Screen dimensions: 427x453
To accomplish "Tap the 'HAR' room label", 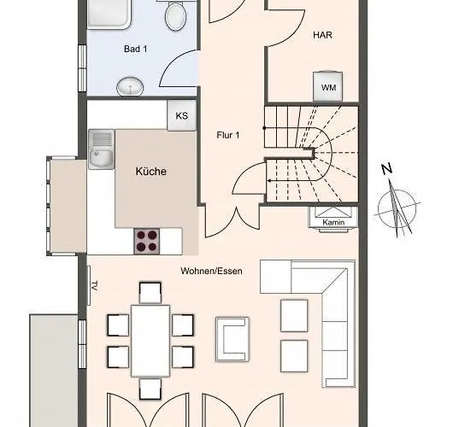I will [x=322, y=36].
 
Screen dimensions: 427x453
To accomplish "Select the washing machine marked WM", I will [x=328, y=88].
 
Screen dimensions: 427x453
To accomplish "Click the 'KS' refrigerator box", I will [x=181, y=116].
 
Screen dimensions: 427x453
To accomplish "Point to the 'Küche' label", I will [x=151, y=171].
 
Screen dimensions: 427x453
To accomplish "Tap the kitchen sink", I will [x=101, y=149].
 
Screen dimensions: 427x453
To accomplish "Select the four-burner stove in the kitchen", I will [x=146, y=241].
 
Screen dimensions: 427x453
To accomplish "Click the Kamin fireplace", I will [x=332, y=217].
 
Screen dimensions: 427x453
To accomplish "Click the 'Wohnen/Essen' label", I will [x=211, y=271].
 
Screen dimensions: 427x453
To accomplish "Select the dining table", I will [x=151, y=338].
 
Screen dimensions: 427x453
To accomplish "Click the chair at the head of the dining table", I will [x=150, y=292].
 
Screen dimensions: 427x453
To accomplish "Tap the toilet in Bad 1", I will [x=175, y=15].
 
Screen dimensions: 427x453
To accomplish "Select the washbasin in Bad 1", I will [x=130, y=85].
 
